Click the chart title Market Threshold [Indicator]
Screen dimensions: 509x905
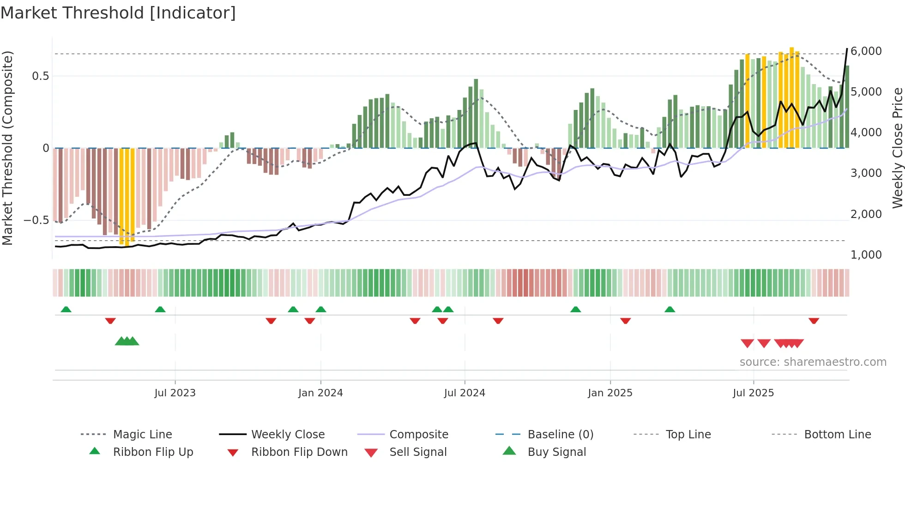(x=118, y=13)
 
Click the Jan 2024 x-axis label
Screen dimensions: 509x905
(x=320, y=393)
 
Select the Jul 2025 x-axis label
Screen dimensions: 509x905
(x=753, y=393)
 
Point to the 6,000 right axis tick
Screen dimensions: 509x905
(x=866, y=51)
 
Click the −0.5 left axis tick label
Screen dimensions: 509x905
(x=36, y=220)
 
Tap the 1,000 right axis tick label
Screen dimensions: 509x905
(x=866, y=255)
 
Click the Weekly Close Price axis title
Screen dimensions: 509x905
(x=897, y=148)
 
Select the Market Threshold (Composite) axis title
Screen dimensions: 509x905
(x=7, y=148)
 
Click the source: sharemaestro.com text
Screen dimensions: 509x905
(x=813, y=362)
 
